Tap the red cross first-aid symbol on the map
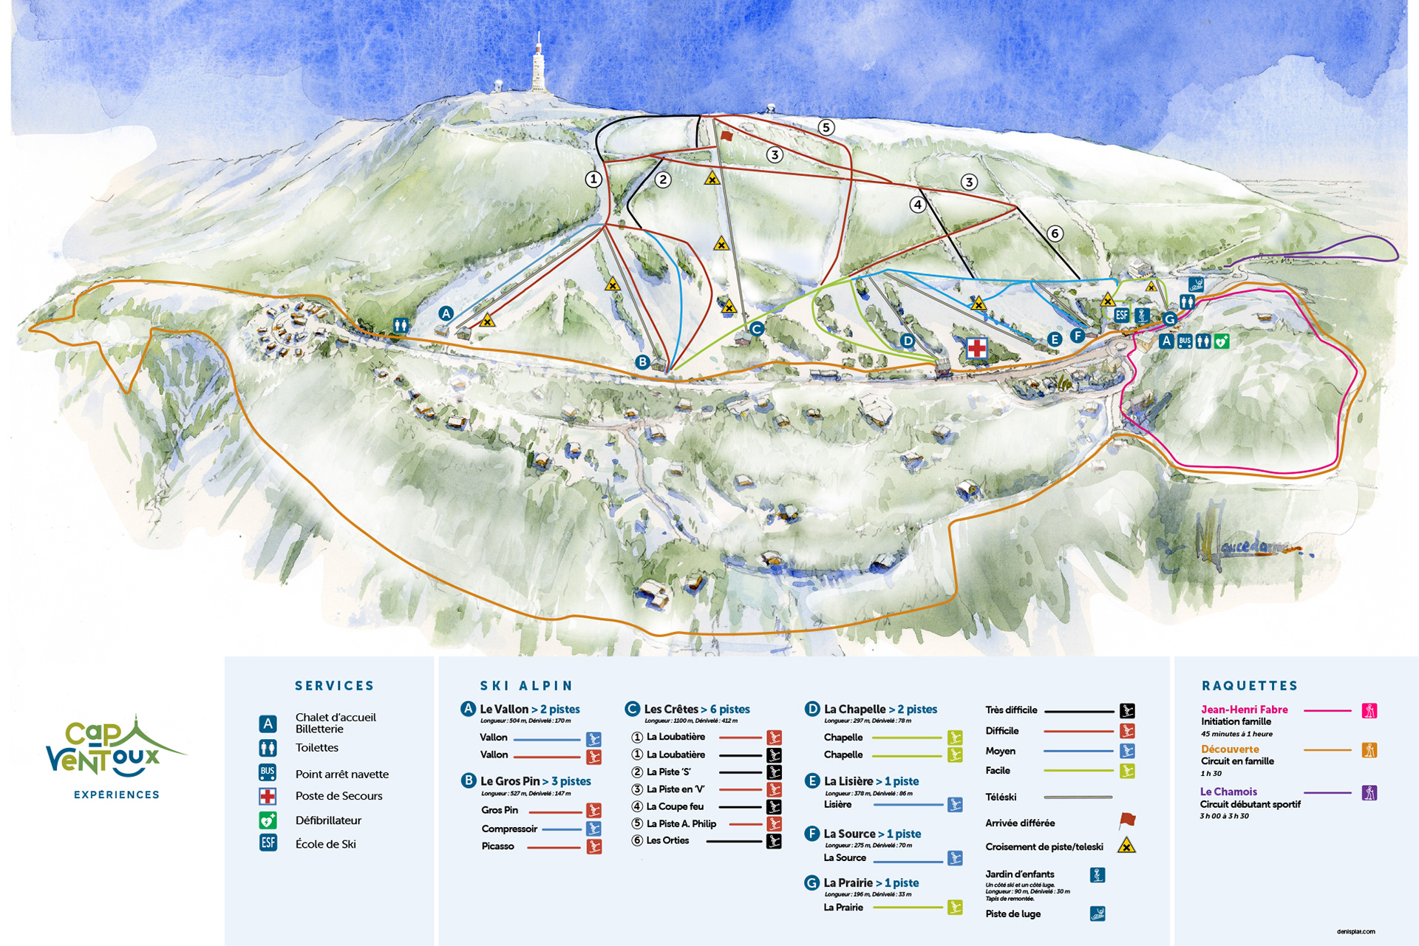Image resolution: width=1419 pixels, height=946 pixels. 977,347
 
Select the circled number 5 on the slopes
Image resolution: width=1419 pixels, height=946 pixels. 826,127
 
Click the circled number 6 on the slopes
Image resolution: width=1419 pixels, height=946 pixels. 1055,234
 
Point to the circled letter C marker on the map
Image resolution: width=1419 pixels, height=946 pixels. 756,329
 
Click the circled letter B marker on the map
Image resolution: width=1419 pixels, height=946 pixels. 642,361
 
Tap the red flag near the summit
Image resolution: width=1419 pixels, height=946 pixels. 726,136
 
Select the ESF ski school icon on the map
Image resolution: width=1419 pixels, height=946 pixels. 1121,315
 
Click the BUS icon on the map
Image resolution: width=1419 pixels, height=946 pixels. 1185,341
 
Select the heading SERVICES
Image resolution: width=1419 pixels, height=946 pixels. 334,686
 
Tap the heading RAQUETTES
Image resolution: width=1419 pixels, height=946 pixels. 1249,686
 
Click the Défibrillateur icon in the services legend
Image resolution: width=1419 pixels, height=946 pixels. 268,820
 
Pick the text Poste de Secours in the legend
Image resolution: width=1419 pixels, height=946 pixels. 338,796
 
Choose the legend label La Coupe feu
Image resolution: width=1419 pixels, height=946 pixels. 675,806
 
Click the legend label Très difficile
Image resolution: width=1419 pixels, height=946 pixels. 1010,709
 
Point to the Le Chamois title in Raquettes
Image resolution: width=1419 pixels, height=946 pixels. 1228,792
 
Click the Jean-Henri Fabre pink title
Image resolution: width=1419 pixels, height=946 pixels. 1244,709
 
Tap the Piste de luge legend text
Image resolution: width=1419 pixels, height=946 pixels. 1013,913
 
